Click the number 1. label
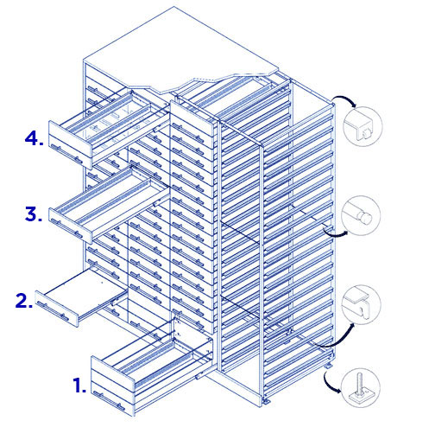(79, 386)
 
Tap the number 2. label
(24, 301)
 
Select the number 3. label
(34, 214)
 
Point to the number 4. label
(35, 137)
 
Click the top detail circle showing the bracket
(363, 126)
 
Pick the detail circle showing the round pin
(361, 215)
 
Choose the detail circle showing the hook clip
(362, 304)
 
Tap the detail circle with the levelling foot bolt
(361, 387)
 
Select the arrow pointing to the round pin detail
(334, 234)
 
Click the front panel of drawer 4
(70, 145)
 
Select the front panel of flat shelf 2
(57, 309)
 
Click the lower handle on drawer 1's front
(110, 400)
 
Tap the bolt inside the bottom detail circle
(360, 386)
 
